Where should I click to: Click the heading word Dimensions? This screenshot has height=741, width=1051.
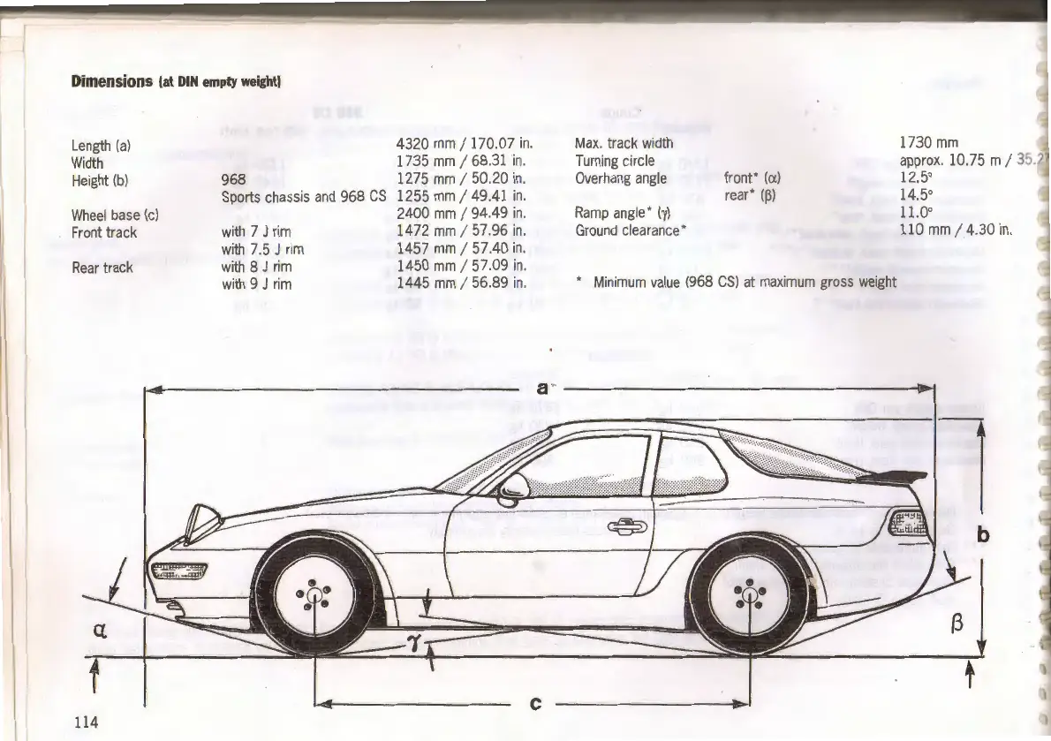(112, 82)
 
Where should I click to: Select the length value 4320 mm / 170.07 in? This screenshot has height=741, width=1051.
(461, 143)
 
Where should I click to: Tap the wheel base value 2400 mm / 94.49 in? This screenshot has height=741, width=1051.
(461, 213)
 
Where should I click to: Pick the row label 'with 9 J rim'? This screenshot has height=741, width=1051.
(256, 284)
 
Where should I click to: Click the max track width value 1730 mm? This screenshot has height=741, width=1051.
(928, 143)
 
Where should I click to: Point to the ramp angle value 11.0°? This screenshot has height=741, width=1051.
(916, 213)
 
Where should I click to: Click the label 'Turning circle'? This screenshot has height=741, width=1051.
(615, 161)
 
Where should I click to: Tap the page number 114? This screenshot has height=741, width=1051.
(86, 722)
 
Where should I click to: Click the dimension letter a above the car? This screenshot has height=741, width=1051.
(541, 388)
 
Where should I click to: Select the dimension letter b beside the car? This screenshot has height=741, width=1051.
(983, 535)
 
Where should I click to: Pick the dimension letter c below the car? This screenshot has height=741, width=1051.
(534, 704)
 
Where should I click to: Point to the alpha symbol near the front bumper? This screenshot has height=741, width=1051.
(100, 631)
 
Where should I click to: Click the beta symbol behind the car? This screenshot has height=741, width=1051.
(955, 629)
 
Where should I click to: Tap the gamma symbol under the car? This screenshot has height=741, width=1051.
(412, 643)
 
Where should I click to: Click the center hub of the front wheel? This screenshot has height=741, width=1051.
(314, 594)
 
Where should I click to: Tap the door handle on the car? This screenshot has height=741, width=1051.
(629, 527)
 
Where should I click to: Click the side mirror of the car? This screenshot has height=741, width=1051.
(513, 487)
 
